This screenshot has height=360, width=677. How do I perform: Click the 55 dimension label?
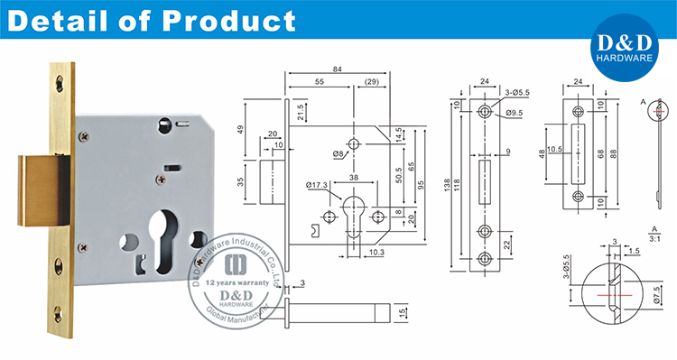pyautogui.click(x=320, y=82)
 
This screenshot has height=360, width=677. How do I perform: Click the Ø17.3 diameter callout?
pyautogui.click(x=318, y=186)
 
